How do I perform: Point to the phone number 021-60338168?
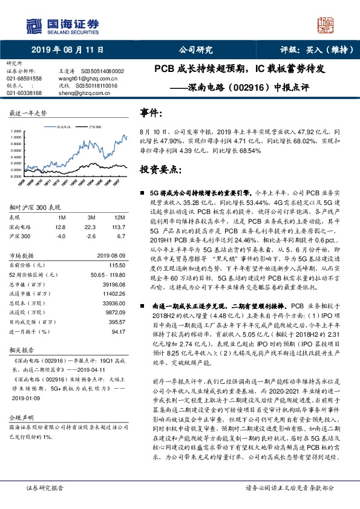coord(24,93)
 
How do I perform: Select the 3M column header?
coord(91,218)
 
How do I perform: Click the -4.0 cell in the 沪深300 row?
coord(60,236)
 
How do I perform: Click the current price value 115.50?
coord(116,266)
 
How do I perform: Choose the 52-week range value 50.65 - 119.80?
coord(105,274)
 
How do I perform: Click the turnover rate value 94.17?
coord(118,348)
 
